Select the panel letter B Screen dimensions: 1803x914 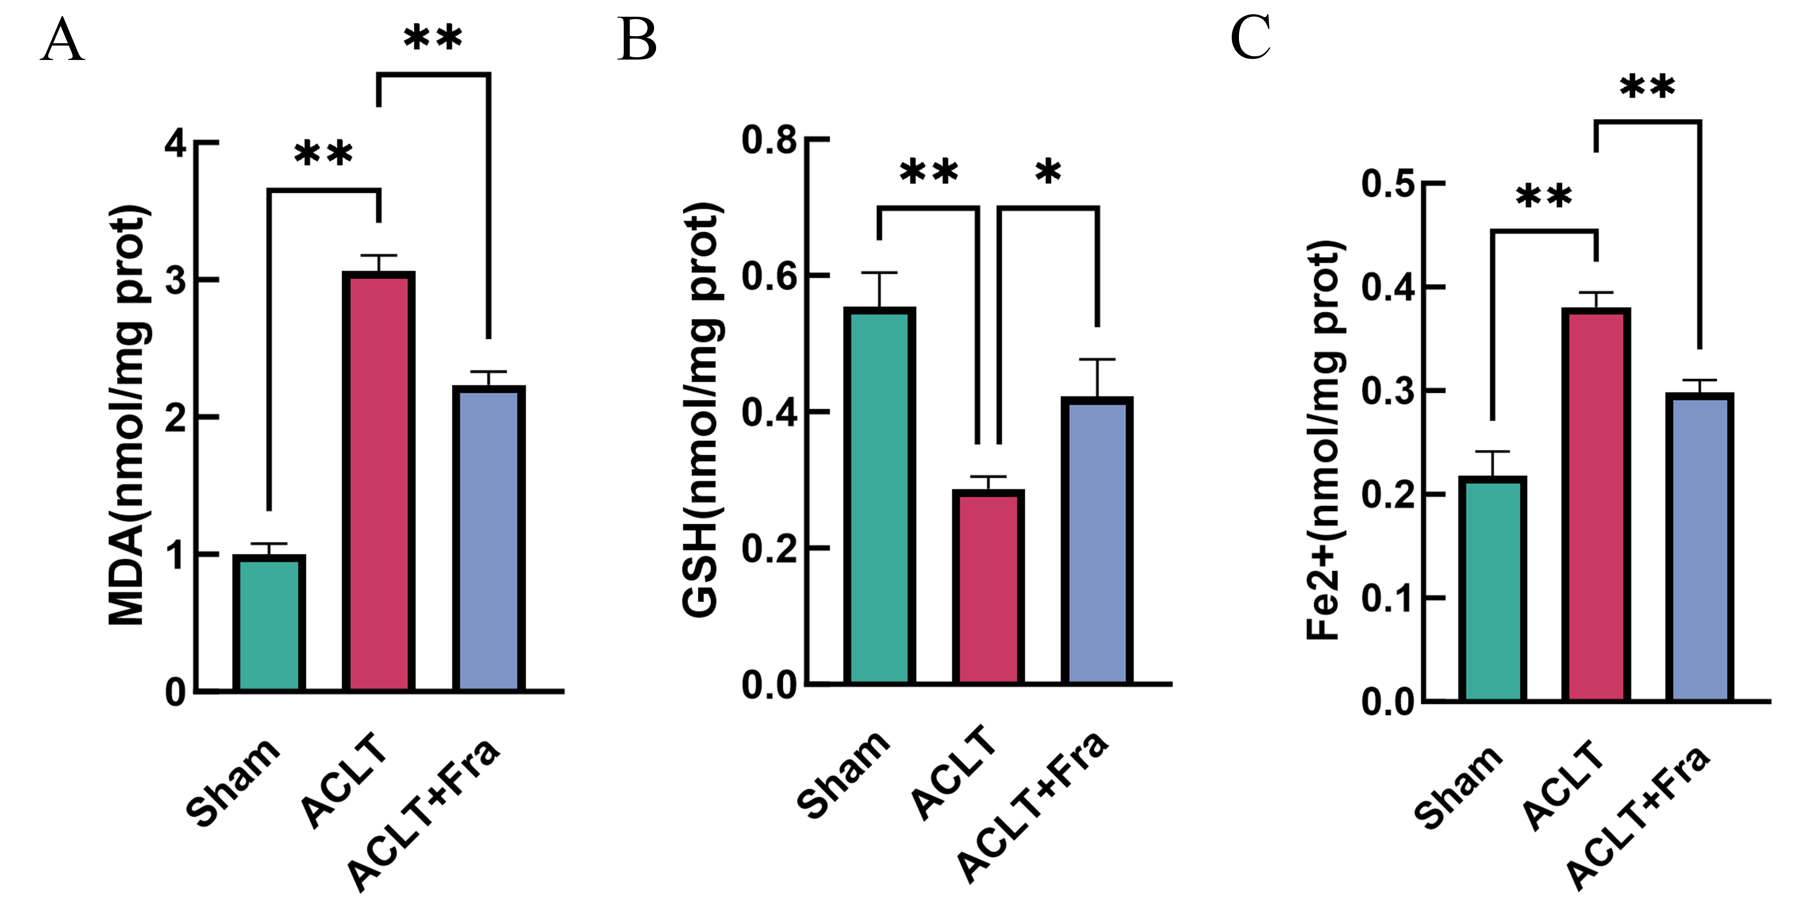637,41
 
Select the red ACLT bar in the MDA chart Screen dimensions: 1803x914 379,481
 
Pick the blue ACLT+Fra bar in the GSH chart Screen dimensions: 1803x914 1097,540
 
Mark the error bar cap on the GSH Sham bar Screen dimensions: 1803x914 879,272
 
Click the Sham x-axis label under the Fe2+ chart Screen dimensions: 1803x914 1458,787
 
